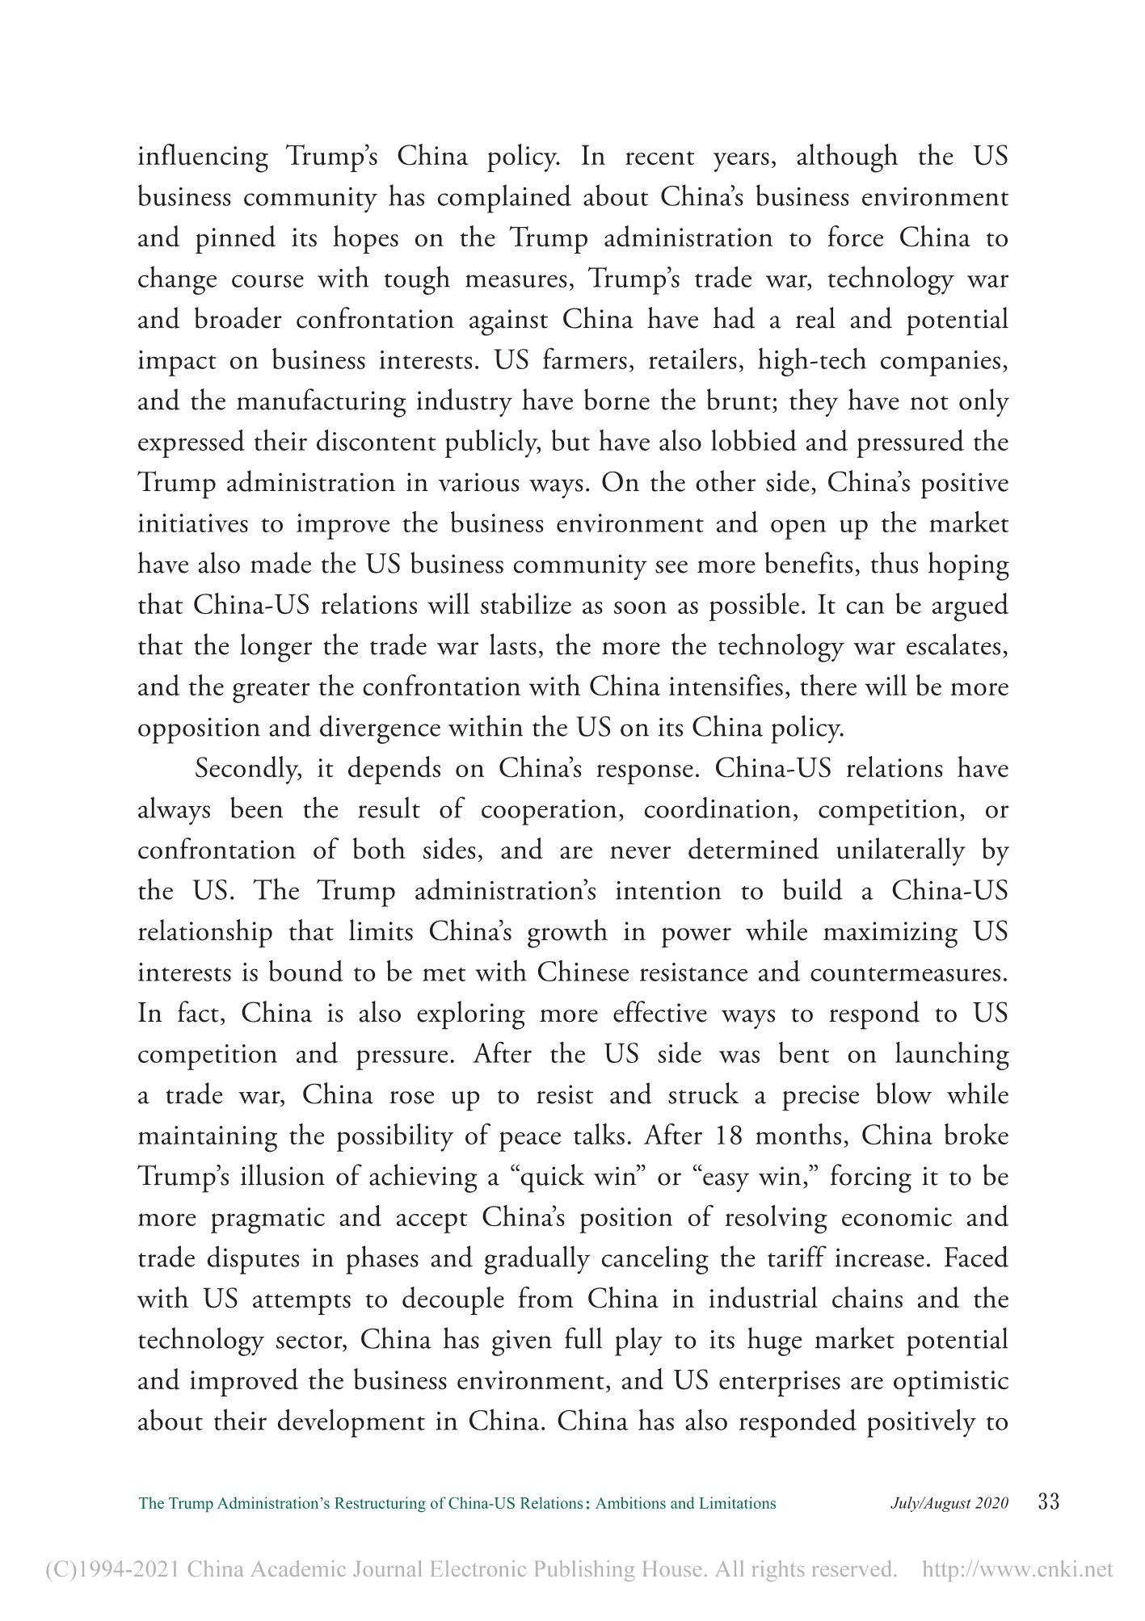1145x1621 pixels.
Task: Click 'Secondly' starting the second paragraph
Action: point(249,768)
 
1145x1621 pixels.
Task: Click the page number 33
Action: point(1046,1502)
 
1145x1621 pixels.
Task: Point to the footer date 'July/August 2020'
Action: point(949,1503)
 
